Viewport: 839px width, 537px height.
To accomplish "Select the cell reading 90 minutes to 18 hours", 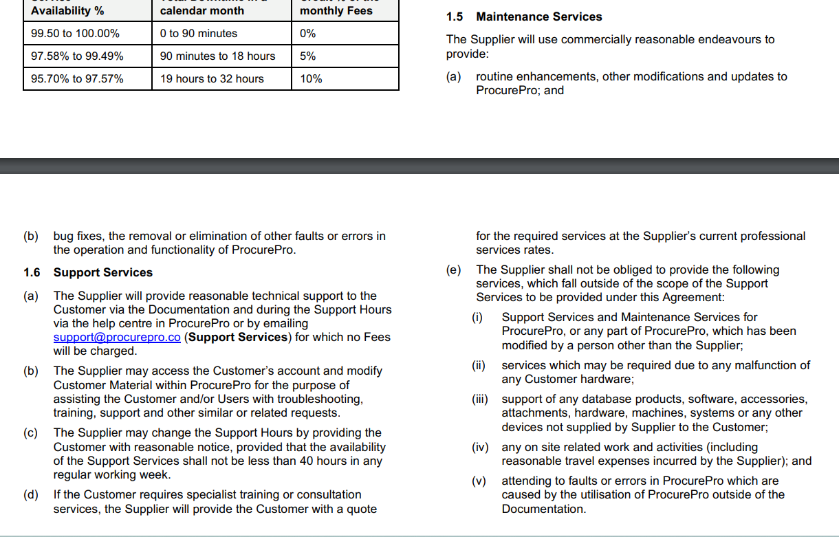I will [x=217, y=56].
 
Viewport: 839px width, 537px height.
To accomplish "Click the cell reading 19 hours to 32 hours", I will [x=212, y=78].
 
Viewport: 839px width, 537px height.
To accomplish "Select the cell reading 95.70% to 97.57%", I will [x=77, y=78].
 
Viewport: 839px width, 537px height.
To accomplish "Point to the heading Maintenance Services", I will [x=538, y=17].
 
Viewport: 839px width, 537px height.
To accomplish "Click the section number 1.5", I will [x=455, y=17].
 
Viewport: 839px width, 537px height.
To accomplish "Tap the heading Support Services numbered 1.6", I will [x=103, y=272].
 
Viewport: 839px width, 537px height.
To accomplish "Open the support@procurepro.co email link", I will [x=117, y=337].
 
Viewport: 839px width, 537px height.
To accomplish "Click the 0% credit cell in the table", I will [x=307, y=33].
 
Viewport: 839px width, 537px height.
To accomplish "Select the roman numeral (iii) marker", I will [x=479, y=399].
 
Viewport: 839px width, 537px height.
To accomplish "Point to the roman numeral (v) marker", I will [x=479, y=481].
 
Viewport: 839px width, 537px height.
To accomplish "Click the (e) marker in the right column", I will [x=453, y=270].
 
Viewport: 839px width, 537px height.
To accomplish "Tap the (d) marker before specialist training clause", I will [x=31, y=494].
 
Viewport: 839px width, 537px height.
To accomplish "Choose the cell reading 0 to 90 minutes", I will [x=198, y=33].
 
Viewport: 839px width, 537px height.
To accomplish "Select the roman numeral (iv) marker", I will [x=479, y=447].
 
